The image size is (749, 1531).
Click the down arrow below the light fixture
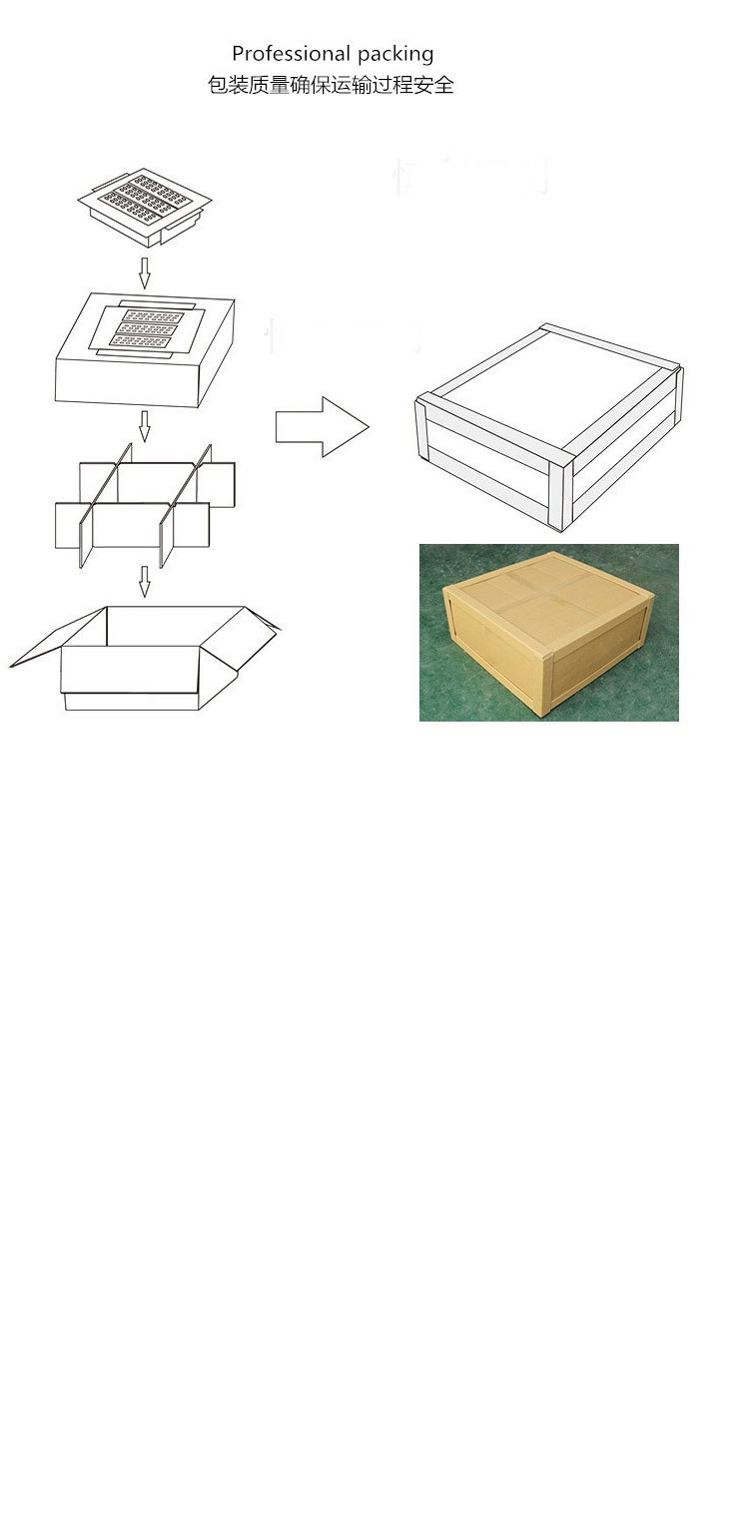point(144,271)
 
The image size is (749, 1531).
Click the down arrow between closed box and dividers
point(144,425)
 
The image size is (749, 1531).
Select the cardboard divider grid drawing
point(144,504)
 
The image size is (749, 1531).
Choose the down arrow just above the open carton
point(144,581)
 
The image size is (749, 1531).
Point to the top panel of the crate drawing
point(539,384)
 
